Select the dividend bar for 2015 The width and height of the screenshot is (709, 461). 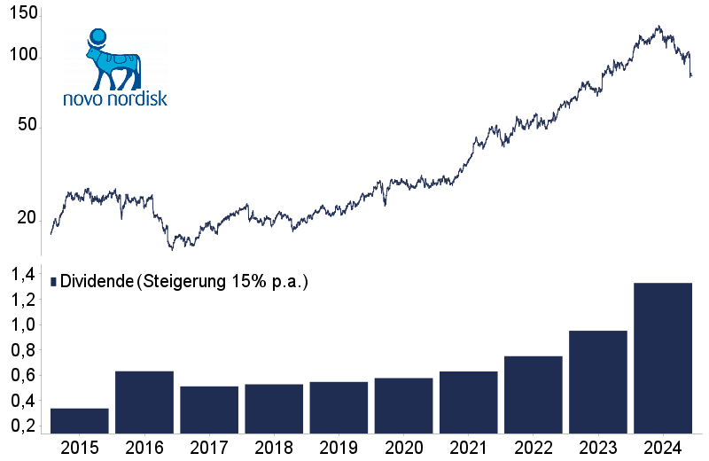pos(79,421)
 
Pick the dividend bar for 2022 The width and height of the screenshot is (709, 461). pos(534,395)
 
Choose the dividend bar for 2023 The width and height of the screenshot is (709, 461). pos(598,382)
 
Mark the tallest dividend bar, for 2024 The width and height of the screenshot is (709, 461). pos(663,358)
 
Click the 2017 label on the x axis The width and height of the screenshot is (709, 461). pos(209,447)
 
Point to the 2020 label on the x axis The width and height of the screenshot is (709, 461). pos(404,447)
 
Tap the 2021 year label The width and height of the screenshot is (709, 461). pos(469,447)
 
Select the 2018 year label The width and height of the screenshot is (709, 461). pos(274,447)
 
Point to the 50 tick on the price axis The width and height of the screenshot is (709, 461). pos(27,126)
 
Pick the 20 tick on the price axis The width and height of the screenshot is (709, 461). pos(27,219)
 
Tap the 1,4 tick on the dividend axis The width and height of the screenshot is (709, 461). pos(24,275)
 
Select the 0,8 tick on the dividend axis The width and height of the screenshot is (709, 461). pos(24,350)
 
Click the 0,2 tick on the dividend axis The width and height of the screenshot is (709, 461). pos(24,426)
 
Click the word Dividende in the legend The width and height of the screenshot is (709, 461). pos(97,281)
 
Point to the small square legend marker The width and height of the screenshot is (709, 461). pos(54,281)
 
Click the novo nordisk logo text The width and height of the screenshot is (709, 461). pos(115,98)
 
